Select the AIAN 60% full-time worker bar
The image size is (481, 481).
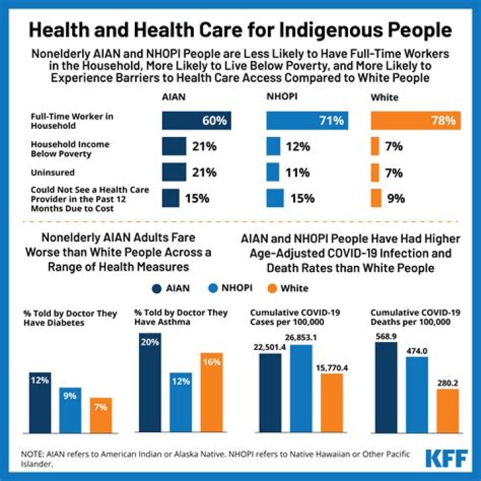coord(196,121)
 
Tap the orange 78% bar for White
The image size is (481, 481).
coord(415,121)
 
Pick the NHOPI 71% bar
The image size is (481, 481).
coord(305,121)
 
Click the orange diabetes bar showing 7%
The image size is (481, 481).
coord(100,416)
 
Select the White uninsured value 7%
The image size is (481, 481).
coord(393,172)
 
